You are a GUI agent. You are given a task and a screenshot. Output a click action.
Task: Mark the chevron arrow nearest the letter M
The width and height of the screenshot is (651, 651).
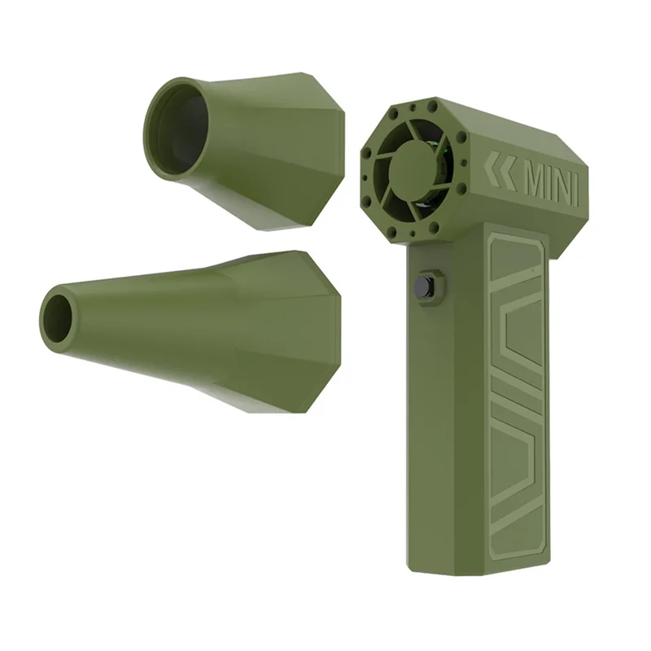click(x=508, y=172)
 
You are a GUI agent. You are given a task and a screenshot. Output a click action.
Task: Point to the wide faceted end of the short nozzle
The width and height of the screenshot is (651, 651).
click(x=313, y=155)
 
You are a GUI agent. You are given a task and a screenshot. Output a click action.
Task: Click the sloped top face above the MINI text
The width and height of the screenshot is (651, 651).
click(x=521, y=130)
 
